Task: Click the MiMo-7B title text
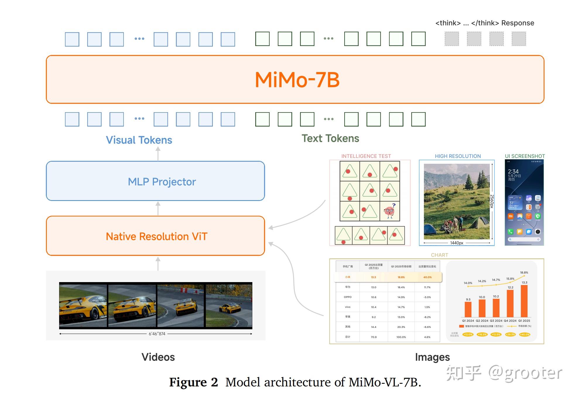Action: tap(297, 80)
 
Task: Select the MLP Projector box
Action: tap(155, 181)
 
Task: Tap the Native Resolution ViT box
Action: tap(155, 236)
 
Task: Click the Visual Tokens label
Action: tap(139, 140)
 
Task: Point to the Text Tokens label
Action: tap(330, 138)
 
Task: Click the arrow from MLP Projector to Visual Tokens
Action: tap(158, 154)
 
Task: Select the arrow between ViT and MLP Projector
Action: tap(158, 208)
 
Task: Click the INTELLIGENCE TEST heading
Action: tap(366, 156)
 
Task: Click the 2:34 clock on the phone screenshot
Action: tap(513, 171)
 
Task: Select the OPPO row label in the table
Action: tap(347, 297)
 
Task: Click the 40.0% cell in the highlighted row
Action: tap(427, 277)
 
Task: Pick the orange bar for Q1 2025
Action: tap(524, 301)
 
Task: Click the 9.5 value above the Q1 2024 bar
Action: tap(468, 299)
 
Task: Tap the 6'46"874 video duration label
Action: tap(157, 334)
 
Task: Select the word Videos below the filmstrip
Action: tap(158, 357)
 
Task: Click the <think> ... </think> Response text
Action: tap(484, 23)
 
